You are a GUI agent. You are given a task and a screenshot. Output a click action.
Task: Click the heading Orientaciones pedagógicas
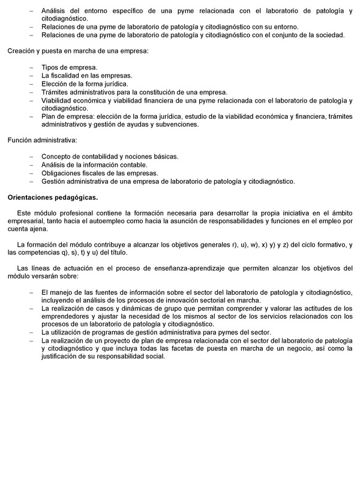52,196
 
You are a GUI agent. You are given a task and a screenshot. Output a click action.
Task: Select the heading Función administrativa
42,140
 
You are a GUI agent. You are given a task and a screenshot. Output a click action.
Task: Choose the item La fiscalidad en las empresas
86,76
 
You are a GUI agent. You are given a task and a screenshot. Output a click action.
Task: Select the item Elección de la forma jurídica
85,84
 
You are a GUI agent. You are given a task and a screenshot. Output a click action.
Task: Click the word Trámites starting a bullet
55,92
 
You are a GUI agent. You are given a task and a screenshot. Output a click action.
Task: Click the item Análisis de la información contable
94,164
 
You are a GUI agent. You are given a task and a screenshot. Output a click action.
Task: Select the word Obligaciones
62,173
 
